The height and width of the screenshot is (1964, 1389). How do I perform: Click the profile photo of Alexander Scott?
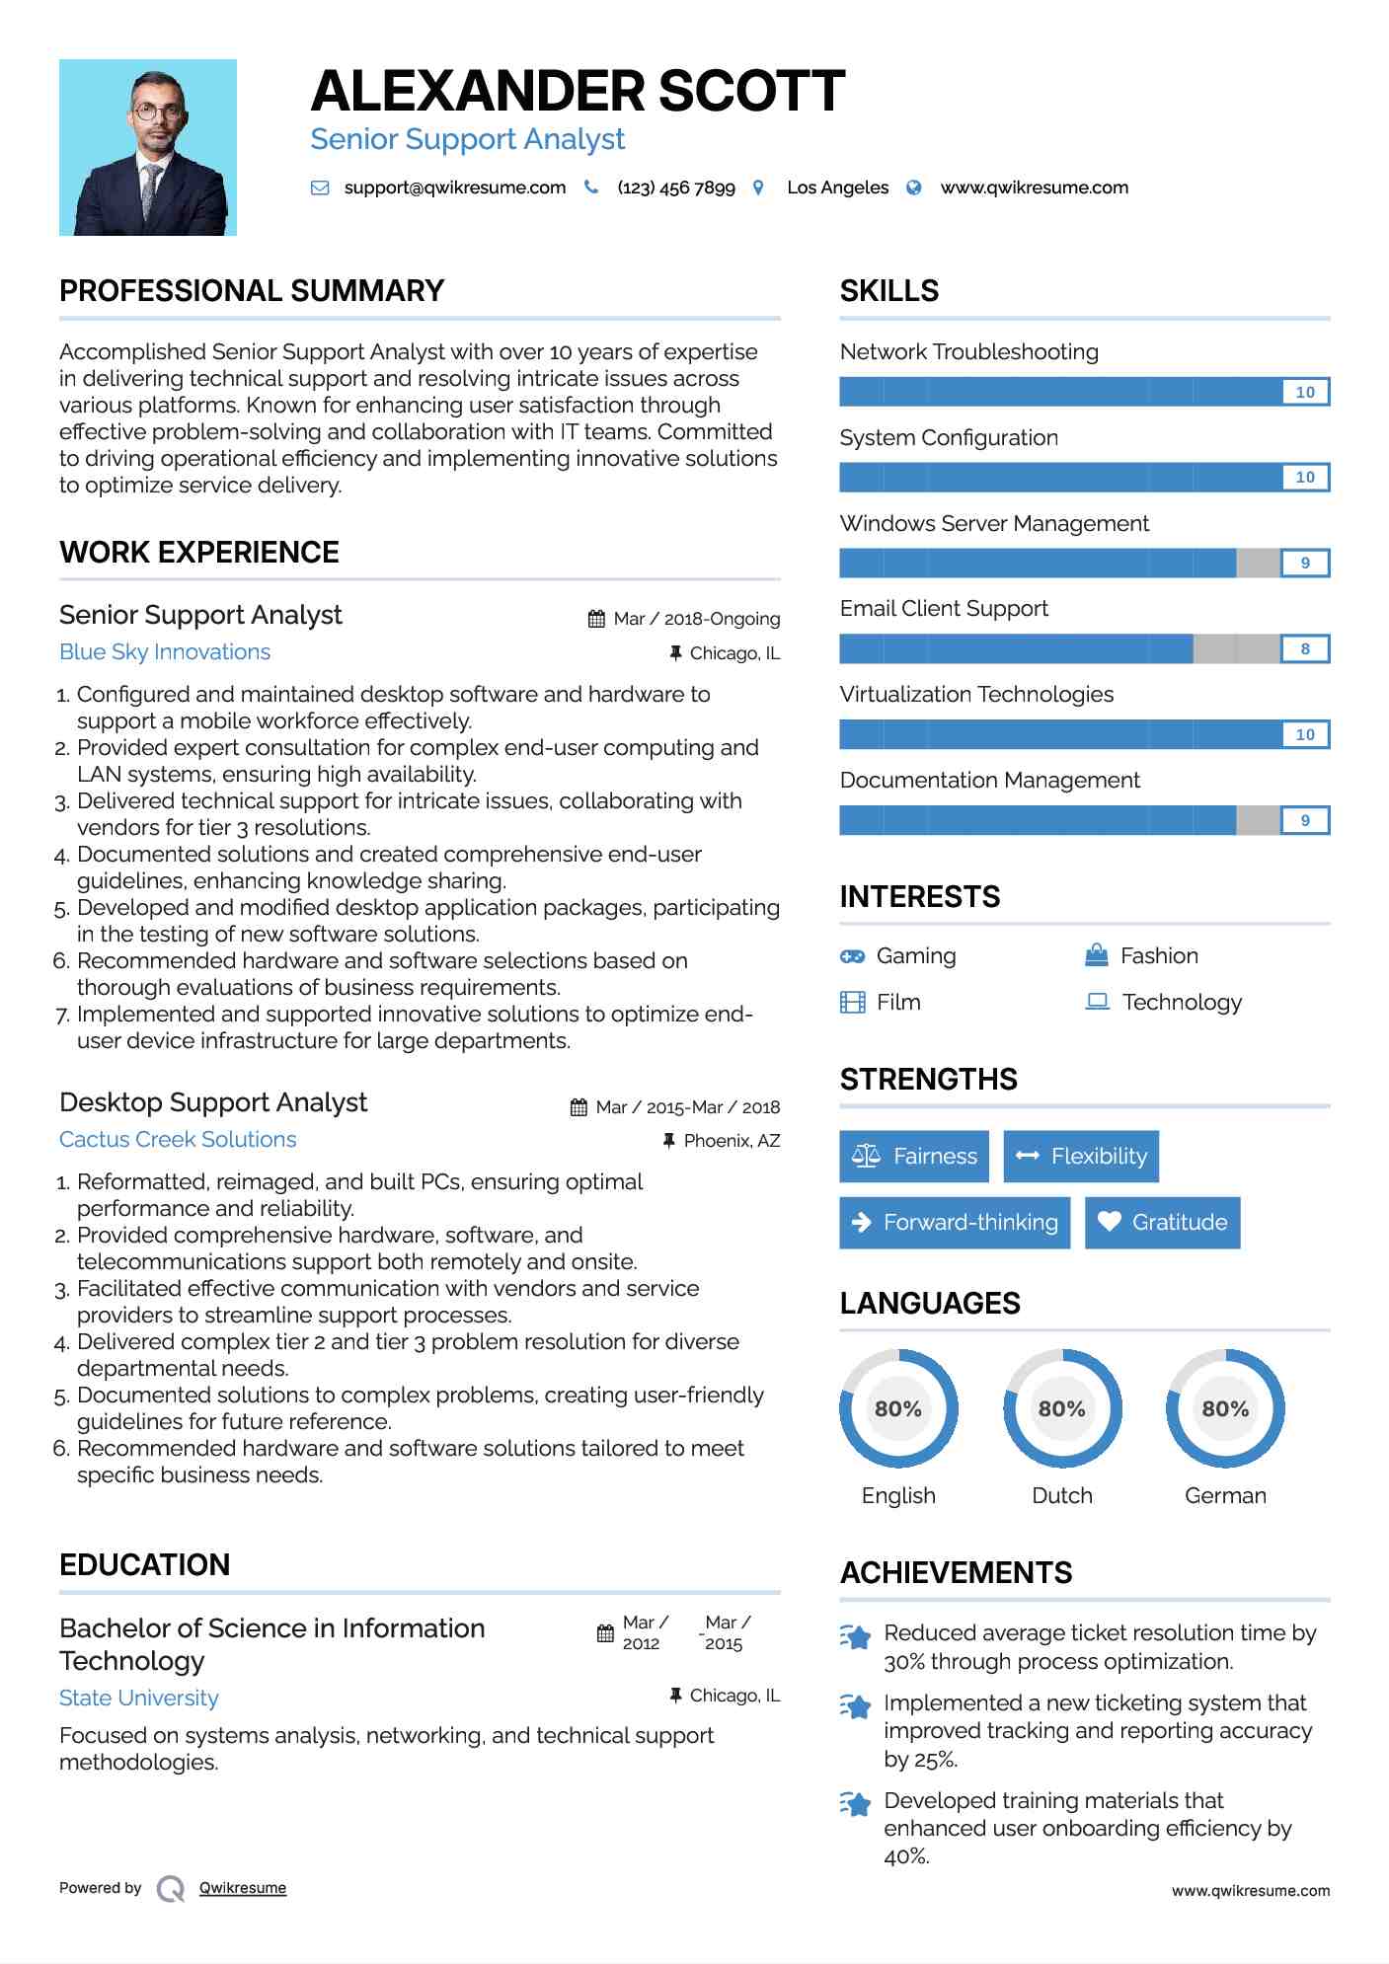click(x=148, y=147)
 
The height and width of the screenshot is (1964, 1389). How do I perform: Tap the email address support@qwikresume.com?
click(x=454, y=188)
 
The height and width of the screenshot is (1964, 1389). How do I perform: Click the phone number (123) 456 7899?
click(x=675, y=188)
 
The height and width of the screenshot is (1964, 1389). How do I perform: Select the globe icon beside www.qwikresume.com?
click(x=914, y=188)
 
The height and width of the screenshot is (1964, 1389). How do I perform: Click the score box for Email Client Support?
click(x=1304, y=648)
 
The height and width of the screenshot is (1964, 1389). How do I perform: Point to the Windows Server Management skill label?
click(x=994, y=523)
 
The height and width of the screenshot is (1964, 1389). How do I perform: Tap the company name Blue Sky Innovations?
click(x=165, y=652)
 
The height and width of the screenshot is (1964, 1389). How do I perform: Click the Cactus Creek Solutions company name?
click(x=178, y=1139)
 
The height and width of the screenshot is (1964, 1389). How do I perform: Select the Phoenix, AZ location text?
click(x=732, y=1141)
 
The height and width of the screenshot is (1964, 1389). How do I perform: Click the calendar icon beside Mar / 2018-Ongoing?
click(x=596, y=619)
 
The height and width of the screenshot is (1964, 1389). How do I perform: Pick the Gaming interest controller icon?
click(x=852, y=955)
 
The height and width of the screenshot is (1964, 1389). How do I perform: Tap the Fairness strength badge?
click(x=914, y=1156)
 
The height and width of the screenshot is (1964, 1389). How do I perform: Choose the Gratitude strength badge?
click(x=1162, y=1222)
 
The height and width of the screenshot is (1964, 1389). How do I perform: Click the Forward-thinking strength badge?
click(x=955, y=1222)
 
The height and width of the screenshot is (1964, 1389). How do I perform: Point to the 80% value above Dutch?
click(x=1061, y=1408)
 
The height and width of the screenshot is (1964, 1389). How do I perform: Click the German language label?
click(x=1225, y=1495)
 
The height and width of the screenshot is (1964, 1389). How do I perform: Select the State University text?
click(x=139, y=1698)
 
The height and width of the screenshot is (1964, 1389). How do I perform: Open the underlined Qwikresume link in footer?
click(x=243, y=1888)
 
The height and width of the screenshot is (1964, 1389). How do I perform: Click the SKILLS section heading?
click(x=889, y=291)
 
